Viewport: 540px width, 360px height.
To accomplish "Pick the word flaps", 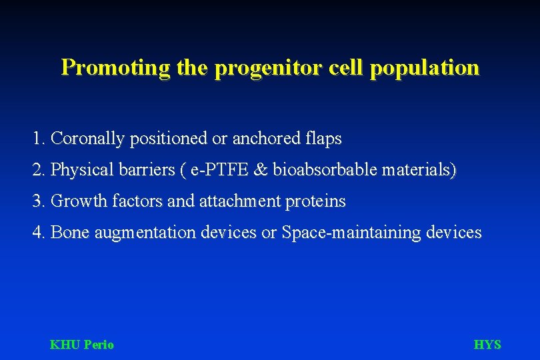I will (x=323, y=139).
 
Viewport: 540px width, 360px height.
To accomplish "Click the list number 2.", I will (x=38, y=170).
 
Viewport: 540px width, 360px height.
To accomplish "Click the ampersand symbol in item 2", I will (x=261, y=170).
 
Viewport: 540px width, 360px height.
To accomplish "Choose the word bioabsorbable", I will (x=325, y=170).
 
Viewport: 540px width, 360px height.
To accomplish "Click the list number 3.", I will (x=38, y=201).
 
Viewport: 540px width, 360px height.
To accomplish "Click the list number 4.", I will (x=38, y=232).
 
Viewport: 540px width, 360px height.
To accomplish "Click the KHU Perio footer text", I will (x=82, y=345).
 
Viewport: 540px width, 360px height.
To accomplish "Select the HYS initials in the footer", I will (x=487, y=345).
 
